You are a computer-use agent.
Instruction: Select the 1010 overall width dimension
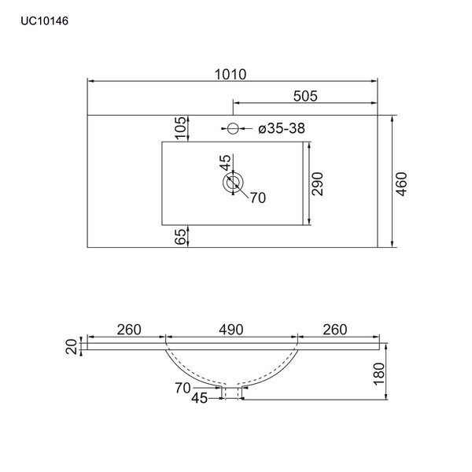coord(230,75)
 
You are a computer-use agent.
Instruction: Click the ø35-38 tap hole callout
coord(280,127)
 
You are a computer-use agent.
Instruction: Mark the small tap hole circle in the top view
coord(233,127)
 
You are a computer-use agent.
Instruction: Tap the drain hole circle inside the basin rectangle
coord(232,184)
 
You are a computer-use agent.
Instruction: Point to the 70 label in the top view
coord(258,198)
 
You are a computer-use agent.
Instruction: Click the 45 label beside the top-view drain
coord(226,163)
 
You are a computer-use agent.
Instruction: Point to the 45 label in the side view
coord(199,399)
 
